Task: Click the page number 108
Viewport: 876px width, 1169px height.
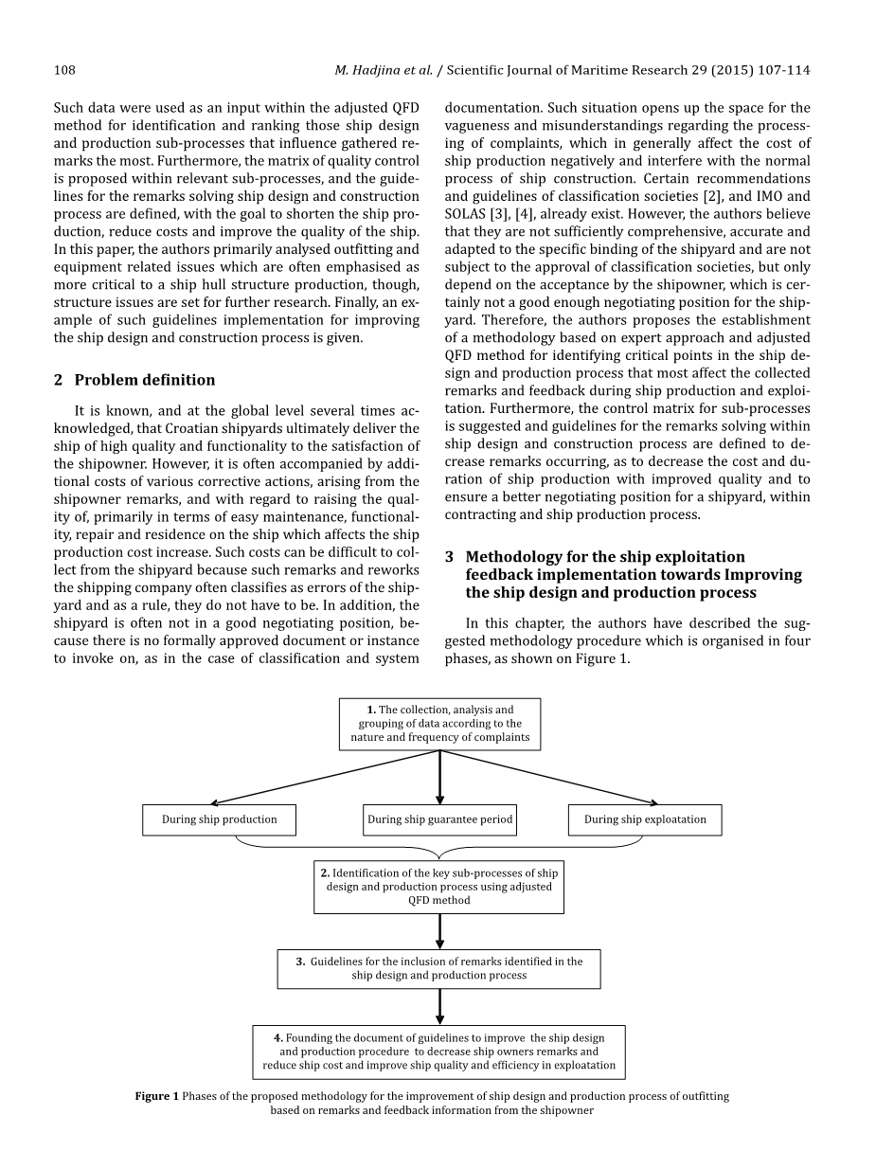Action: (64, 70)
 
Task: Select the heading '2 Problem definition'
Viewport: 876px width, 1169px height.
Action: (134, 380)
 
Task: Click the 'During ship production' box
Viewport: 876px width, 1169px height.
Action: (219, 819)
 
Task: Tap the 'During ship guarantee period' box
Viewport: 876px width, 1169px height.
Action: (439, 819)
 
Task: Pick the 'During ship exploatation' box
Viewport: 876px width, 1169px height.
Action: (644, 819)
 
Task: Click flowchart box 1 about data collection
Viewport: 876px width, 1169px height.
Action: (439, 724)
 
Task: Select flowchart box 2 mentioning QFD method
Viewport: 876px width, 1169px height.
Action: (438, 887)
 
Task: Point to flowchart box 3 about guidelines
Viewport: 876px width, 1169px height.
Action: (438, 968)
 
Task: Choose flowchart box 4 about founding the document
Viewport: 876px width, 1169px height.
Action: (438, 1052)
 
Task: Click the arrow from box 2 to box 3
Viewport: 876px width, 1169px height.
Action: (439, 931)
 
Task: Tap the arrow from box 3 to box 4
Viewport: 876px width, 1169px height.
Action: (439, 1006)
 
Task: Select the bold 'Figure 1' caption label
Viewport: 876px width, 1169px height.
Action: (156, 1096)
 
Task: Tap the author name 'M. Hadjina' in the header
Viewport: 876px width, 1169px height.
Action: (370, 70)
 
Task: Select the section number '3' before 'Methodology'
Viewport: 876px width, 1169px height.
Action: (450, 557)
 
